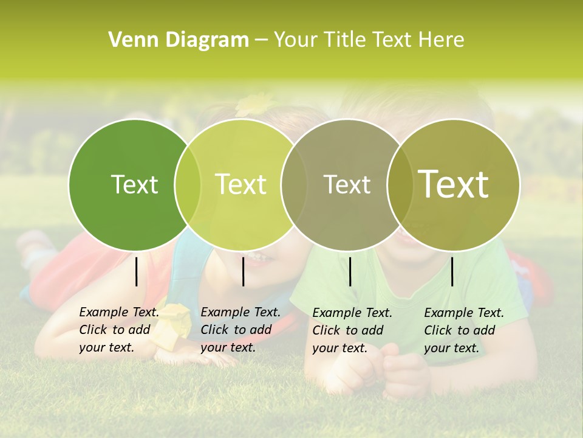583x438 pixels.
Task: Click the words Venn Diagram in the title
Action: [x=179, y=40]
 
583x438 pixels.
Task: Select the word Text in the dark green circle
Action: [x=134, y=184]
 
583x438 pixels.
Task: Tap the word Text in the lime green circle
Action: [x=240, y=184]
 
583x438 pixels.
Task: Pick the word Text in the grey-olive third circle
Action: [x=347, y=184]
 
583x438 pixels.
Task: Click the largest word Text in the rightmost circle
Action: [x=454, y=184]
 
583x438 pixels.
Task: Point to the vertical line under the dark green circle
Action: [x=137, y=271]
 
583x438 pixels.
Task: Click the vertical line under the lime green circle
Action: [x=243, y=271]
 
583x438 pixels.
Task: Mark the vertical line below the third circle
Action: [x=350, y=271]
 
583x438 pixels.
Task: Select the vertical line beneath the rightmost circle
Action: [x=452, y=271]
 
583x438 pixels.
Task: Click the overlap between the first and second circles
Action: [x=188, y=184]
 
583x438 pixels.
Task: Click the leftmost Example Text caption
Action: [x=119, y=330]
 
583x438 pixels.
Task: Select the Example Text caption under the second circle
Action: [x=240, y=330]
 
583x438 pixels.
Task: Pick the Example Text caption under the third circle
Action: [x=352, y=330]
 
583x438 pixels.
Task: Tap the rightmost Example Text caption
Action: [x=464, y=330]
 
